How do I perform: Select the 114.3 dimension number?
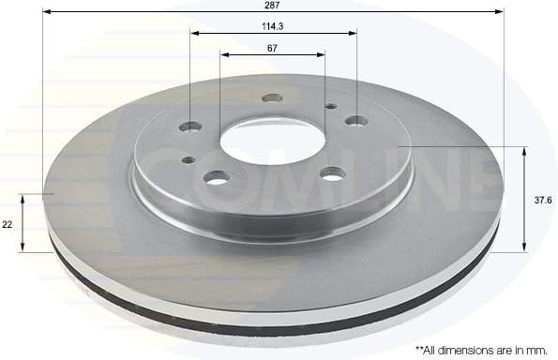[273, 25]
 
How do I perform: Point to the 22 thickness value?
[8, 224]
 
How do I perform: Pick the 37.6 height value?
[542, 199]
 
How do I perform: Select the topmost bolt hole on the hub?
[273, 97]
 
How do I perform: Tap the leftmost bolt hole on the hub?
[190, 127]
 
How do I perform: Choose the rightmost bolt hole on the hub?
[356, 120]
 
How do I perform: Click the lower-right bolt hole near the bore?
[332, 172]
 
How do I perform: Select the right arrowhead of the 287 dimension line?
[500, 11]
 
